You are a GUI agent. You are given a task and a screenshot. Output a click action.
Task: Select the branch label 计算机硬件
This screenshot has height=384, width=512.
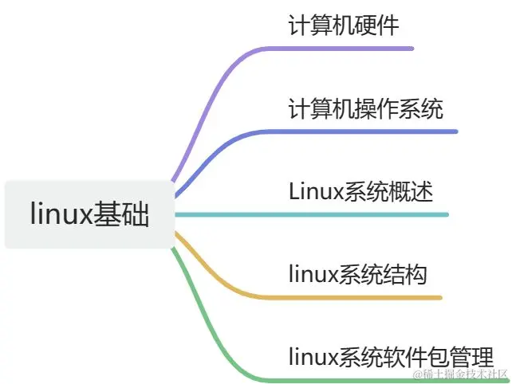344,25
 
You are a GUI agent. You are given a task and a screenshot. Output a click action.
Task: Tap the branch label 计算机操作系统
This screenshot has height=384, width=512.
365,108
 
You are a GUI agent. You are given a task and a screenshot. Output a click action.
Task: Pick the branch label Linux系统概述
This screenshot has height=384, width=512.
360,191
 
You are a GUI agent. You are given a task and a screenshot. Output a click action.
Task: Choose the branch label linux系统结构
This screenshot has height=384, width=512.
358,275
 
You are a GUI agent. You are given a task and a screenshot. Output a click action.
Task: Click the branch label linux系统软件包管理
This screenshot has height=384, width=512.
391,355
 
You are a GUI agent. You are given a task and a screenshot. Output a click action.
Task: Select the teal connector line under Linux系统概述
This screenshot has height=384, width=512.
319,214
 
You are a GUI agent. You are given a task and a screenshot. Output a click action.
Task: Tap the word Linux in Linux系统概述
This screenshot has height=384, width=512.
314,191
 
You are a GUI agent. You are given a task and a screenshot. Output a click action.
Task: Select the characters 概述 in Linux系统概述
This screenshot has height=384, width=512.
413,191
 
